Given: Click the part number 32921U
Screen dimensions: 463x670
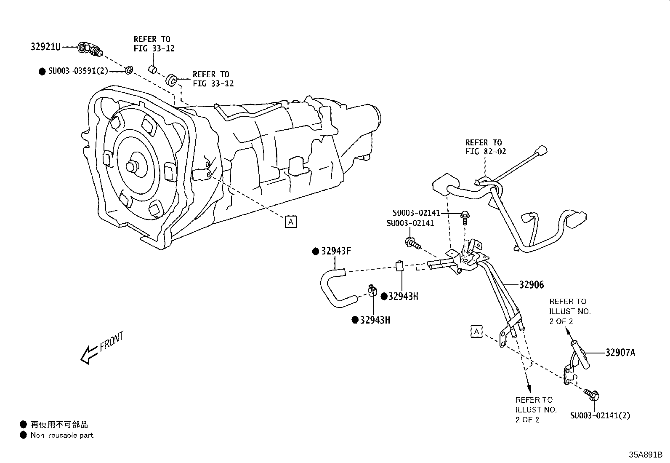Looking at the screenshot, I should click(45, 47).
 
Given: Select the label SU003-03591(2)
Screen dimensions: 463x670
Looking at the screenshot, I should click(78, 71).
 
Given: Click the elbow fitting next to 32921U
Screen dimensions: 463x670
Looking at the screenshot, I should click(90, 50).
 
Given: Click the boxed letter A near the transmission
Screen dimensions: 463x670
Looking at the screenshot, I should click(290, 221).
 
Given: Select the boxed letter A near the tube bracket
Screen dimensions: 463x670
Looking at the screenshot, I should click(476, 332).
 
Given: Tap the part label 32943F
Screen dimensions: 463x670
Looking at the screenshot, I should click(336, 252).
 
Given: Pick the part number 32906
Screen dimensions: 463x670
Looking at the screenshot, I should click(531, 285).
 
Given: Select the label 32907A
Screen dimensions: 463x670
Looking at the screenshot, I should click(620, 353).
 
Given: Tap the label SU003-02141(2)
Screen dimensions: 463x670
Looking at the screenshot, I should click(600, 416).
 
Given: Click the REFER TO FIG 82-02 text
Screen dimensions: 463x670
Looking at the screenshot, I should click(485, 147).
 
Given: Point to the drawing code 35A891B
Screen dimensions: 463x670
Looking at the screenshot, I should click(645, 455).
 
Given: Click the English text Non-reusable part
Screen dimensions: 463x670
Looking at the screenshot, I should click(62, 435).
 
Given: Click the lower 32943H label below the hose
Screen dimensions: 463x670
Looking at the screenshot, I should click(375, 320).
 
